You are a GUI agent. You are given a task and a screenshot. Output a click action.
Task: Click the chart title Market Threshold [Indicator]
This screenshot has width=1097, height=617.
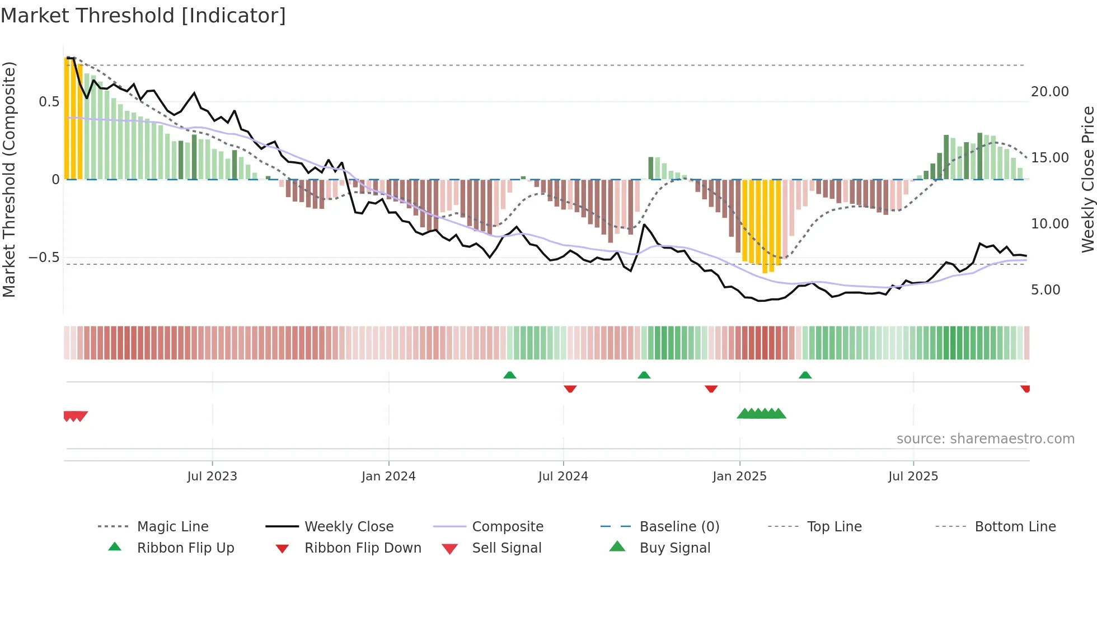click(143, 16)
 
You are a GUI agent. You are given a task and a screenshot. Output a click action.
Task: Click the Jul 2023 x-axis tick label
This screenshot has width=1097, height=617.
click(212, 476)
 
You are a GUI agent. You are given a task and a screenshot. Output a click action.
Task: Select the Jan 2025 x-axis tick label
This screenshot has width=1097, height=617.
click(739, 476)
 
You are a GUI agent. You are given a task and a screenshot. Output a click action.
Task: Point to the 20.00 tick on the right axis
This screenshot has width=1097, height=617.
click(1049, 92)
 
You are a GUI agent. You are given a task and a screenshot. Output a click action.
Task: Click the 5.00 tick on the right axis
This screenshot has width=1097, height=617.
click(1045, 290)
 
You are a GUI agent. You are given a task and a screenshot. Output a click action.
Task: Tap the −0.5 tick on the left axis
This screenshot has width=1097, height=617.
click(44, 258)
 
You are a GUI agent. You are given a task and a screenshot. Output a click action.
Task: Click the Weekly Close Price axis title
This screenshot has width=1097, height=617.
click(1087, 179)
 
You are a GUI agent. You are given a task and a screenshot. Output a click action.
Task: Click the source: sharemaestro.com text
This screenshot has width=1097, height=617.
click(985, 439)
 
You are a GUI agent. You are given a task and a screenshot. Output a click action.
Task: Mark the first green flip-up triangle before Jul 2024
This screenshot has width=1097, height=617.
click(509, 375)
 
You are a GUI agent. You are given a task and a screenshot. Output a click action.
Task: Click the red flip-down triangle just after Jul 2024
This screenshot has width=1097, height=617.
click(570, 389)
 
